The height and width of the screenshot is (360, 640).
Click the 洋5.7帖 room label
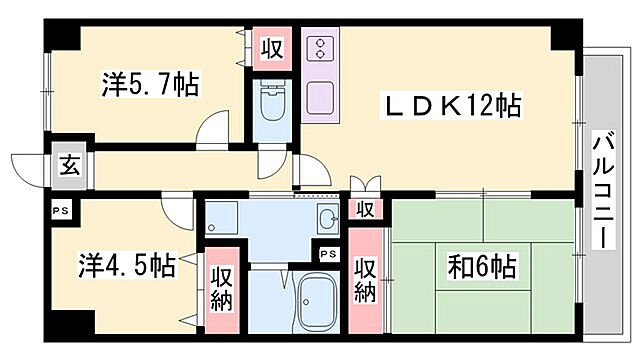point(150,84)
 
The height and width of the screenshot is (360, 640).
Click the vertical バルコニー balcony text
point(603,190)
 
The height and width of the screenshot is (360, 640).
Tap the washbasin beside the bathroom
point(327,221)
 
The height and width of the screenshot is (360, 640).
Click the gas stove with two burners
point(321,51)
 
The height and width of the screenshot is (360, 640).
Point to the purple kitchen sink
point(321,97)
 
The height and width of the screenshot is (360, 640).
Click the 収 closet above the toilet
point(270,48)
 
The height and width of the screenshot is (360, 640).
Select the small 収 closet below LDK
point(366,209)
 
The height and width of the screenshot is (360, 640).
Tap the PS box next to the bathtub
point(326,254)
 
